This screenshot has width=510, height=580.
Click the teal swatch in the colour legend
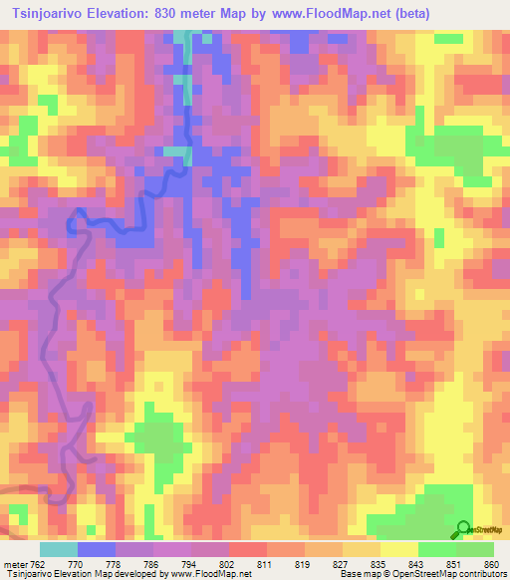[59, 549]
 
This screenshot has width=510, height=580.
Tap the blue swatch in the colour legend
[97, 549]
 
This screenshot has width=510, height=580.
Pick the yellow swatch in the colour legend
[398, 549]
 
